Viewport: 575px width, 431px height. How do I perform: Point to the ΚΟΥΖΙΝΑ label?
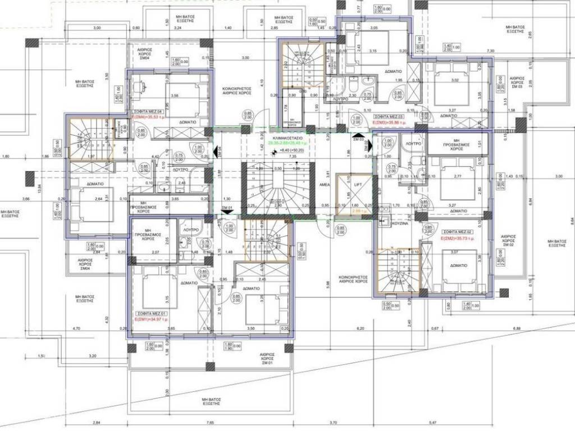tap(400, 223)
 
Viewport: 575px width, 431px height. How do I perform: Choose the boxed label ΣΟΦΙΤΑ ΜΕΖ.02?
tap(456, 231)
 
